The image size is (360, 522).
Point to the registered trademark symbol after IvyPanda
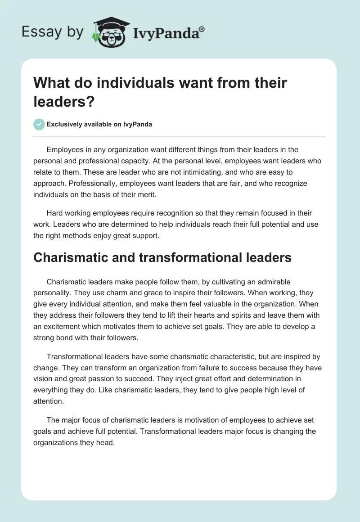(x=202, y=28)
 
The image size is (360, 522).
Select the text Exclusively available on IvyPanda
(x=99, y=124)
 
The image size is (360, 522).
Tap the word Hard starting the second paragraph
(x=55, y=213)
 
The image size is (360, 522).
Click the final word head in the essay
(x=107, y=442)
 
